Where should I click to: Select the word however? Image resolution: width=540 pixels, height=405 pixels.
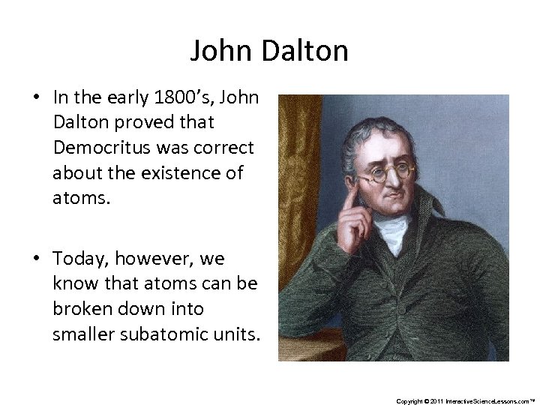(151, 259)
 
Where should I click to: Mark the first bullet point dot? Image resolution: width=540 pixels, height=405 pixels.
(36, 99)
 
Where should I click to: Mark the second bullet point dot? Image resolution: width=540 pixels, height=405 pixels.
(36, 259)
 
